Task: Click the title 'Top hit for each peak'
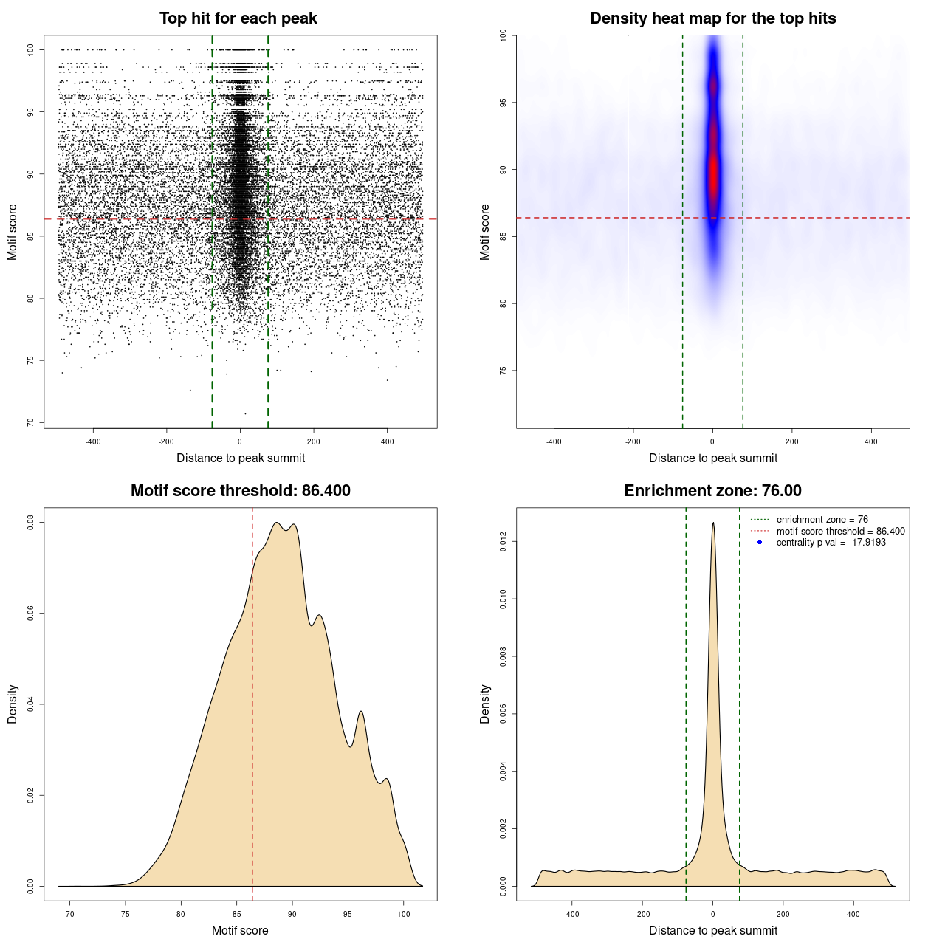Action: point(238,18)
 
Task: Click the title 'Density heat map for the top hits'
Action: point(712,18)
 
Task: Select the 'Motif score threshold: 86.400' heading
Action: point(240,491)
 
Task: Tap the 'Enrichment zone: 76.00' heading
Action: point(712,491)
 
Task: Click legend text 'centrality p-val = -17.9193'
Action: point(831,543)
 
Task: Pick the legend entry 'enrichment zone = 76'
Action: point(822,520)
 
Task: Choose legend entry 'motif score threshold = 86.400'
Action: point(840,532)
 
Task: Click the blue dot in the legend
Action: point(760,543)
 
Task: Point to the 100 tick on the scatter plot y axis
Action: point(31,49)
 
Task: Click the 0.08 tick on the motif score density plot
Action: point(31,523)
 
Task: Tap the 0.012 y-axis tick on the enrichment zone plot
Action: point(504,543)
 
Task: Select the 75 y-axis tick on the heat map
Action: point(504,371)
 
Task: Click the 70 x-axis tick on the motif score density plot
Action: point(70,915)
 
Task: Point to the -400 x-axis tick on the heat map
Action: point(554,442)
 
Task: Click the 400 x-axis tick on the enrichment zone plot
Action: point(853,915)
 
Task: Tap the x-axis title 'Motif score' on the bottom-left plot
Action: point(240,930)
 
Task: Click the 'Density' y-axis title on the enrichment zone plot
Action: point(485,704)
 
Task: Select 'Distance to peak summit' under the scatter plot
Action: point(241,458)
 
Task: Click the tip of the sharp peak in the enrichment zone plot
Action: point(713,523)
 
